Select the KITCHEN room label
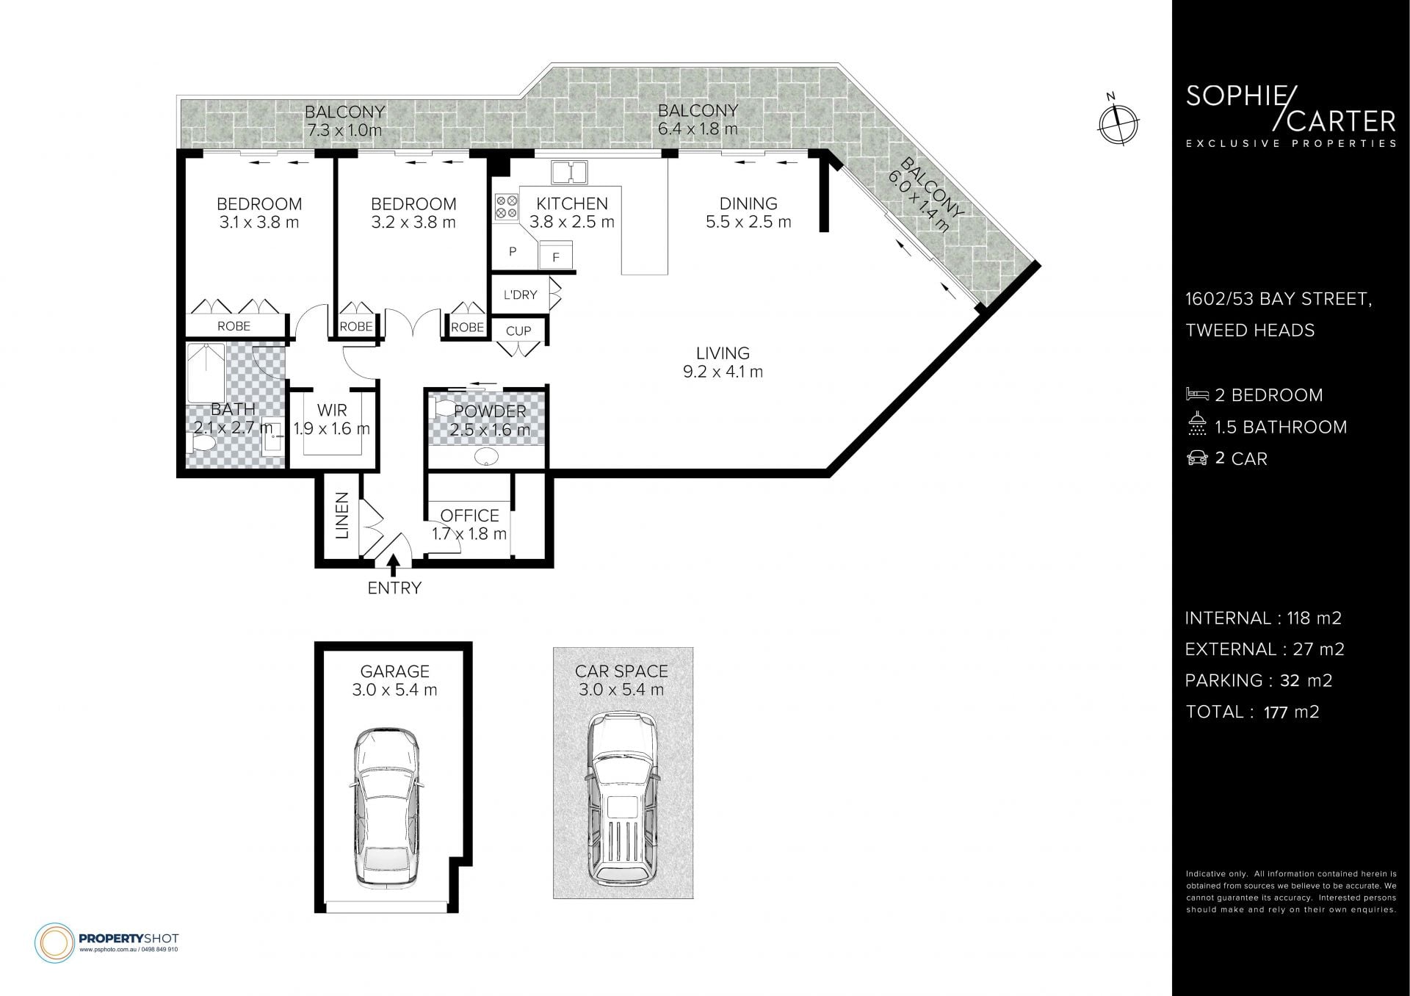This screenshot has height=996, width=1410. click(x=572, y=203)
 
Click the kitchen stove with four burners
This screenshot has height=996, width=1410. click(x=505, y=206)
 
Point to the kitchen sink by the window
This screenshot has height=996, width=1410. click(x=569, y=173)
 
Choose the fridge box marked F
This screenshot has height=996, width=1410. click(x=556, y=257)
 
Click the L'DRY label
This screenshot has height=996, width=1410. click(x=520, y=295)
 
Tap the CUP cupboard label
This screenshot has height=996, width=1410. click(x=518, y=331)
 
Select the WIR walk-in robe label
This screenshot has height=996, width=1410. click(x=332, y=410)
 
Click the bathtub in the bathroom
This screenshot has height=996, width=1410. click(x=206, y=372)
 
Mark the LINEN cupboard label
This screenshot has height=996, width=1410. click(x=342, y=516)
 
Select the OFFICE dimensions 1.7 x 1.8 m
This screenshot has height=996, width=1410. click(x=469, y=534)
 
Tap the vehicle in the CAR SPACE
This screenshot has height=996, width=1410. click(x=623, y=800)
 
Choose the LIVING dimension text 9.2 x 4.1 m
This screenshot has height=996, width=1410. click(x=723, y=372)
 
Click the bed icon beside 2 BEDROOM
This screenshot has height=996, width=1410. click(x=1197, y=394)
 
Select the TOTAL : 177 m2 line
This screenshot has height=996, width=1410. click(x=1252, y=712)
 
